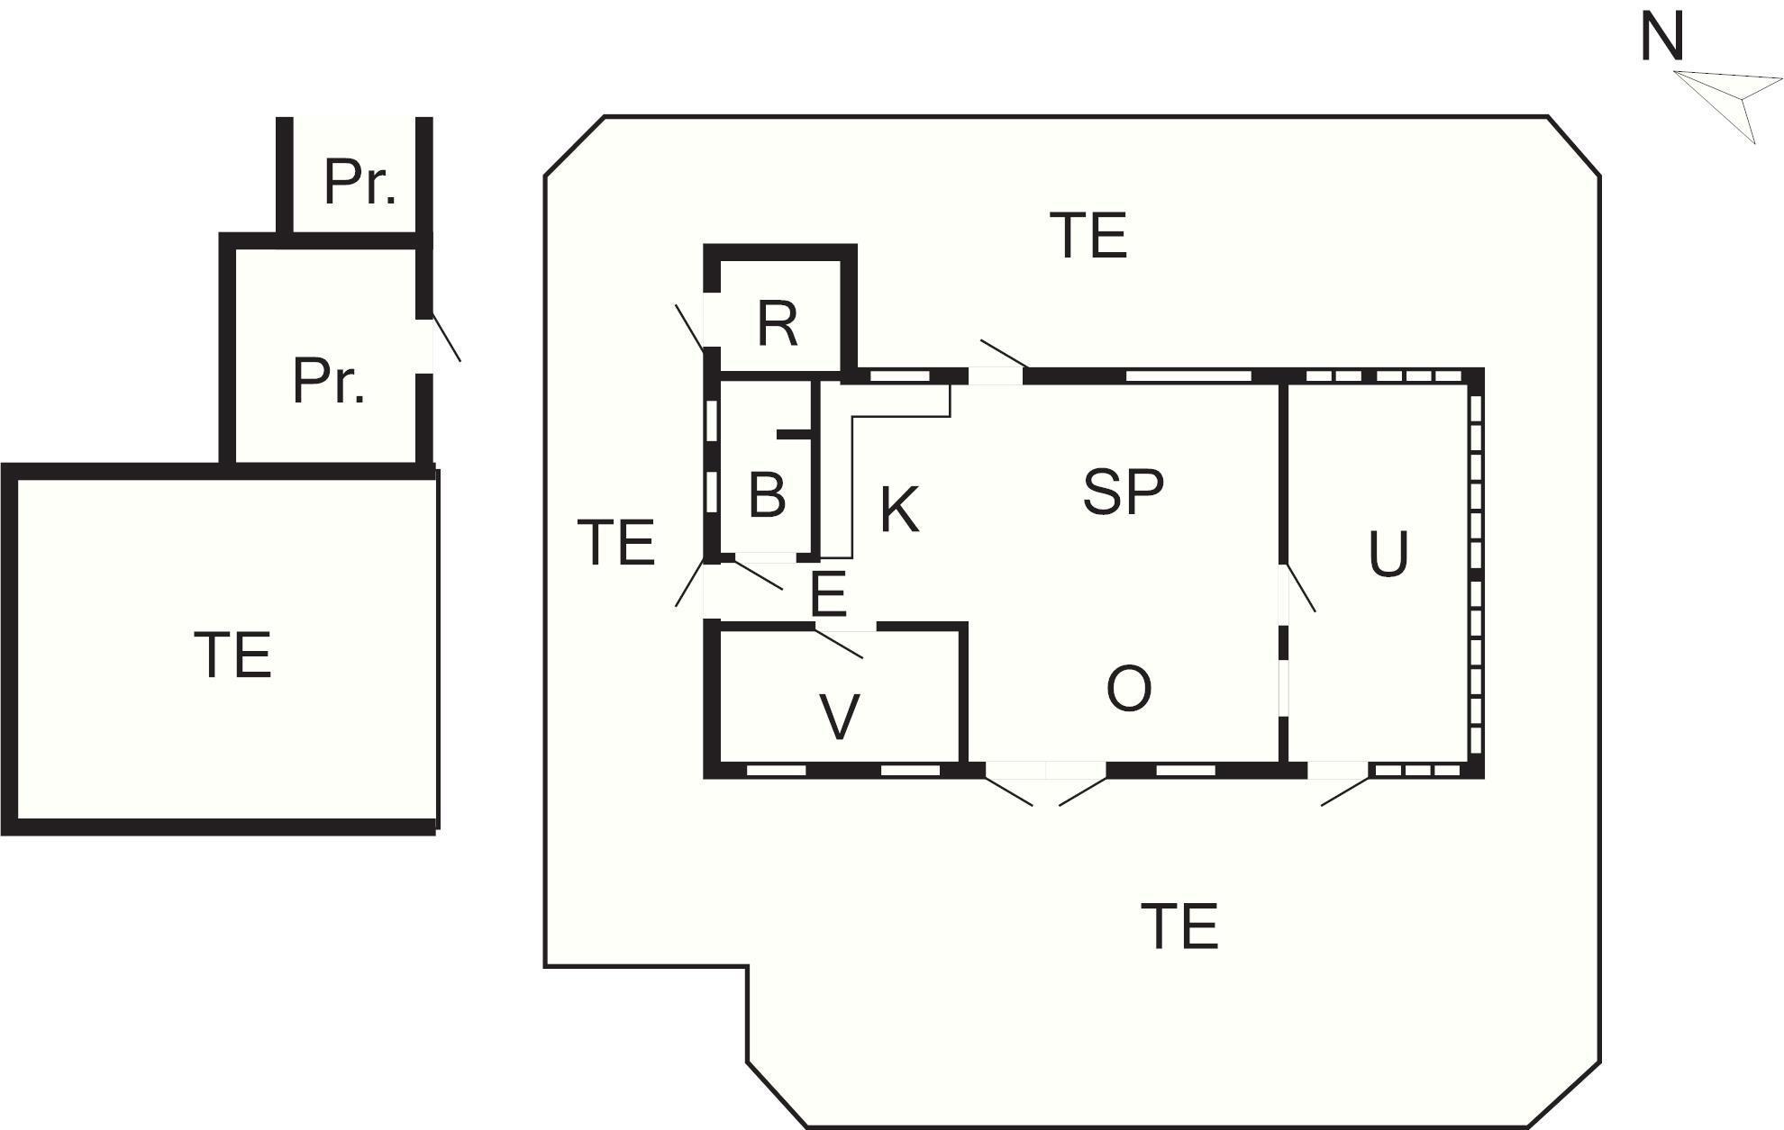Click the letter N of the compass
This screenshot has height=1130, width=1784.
[x=1661, y=37]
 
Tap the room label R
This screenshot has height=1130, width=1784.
[x=778, y=323]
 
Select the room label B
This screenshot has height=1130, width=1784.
[x=767, y=494]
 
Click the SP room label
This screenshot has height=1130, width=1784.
[x=1123, y=492]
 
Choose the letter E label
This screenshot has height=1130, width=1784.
[x=828, y=594]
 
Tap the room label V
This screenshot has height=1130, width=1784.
[x=840, y=717]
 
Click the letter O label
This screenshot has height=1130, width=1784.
[x=1128, y=689]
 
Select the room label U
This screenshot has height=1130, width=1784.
[x=1388, y=554]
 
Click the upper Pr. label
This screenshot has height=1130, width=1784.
[x=360, y=183]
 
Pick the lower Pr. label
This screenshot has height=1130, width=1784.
[x=329, y=381]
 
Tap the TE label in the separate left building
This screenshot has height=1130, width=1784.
[x=232, y=655]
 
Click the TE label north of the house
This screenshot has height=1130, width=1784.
[x=1088, y=235]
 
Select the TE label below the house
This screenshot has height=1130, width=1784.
[x=1179, y=927]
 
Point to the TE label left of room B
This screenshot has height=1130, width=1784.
[x=616, y=542]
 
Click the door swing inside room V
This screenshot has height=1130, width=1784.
[x=839, y=644]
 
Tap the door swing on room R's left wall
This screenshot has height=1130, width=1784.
[x=690, y=328]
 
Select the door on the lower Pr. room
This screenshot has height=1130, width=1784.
[x=446, y=339]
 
